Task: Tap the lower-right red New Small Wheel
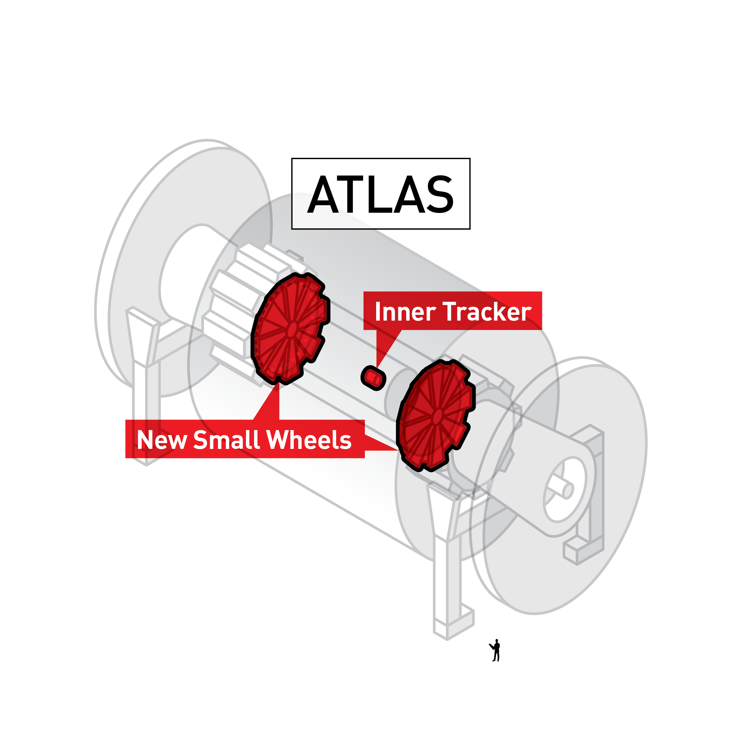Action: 435,416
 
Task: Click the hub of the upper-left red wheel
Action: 292,329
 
